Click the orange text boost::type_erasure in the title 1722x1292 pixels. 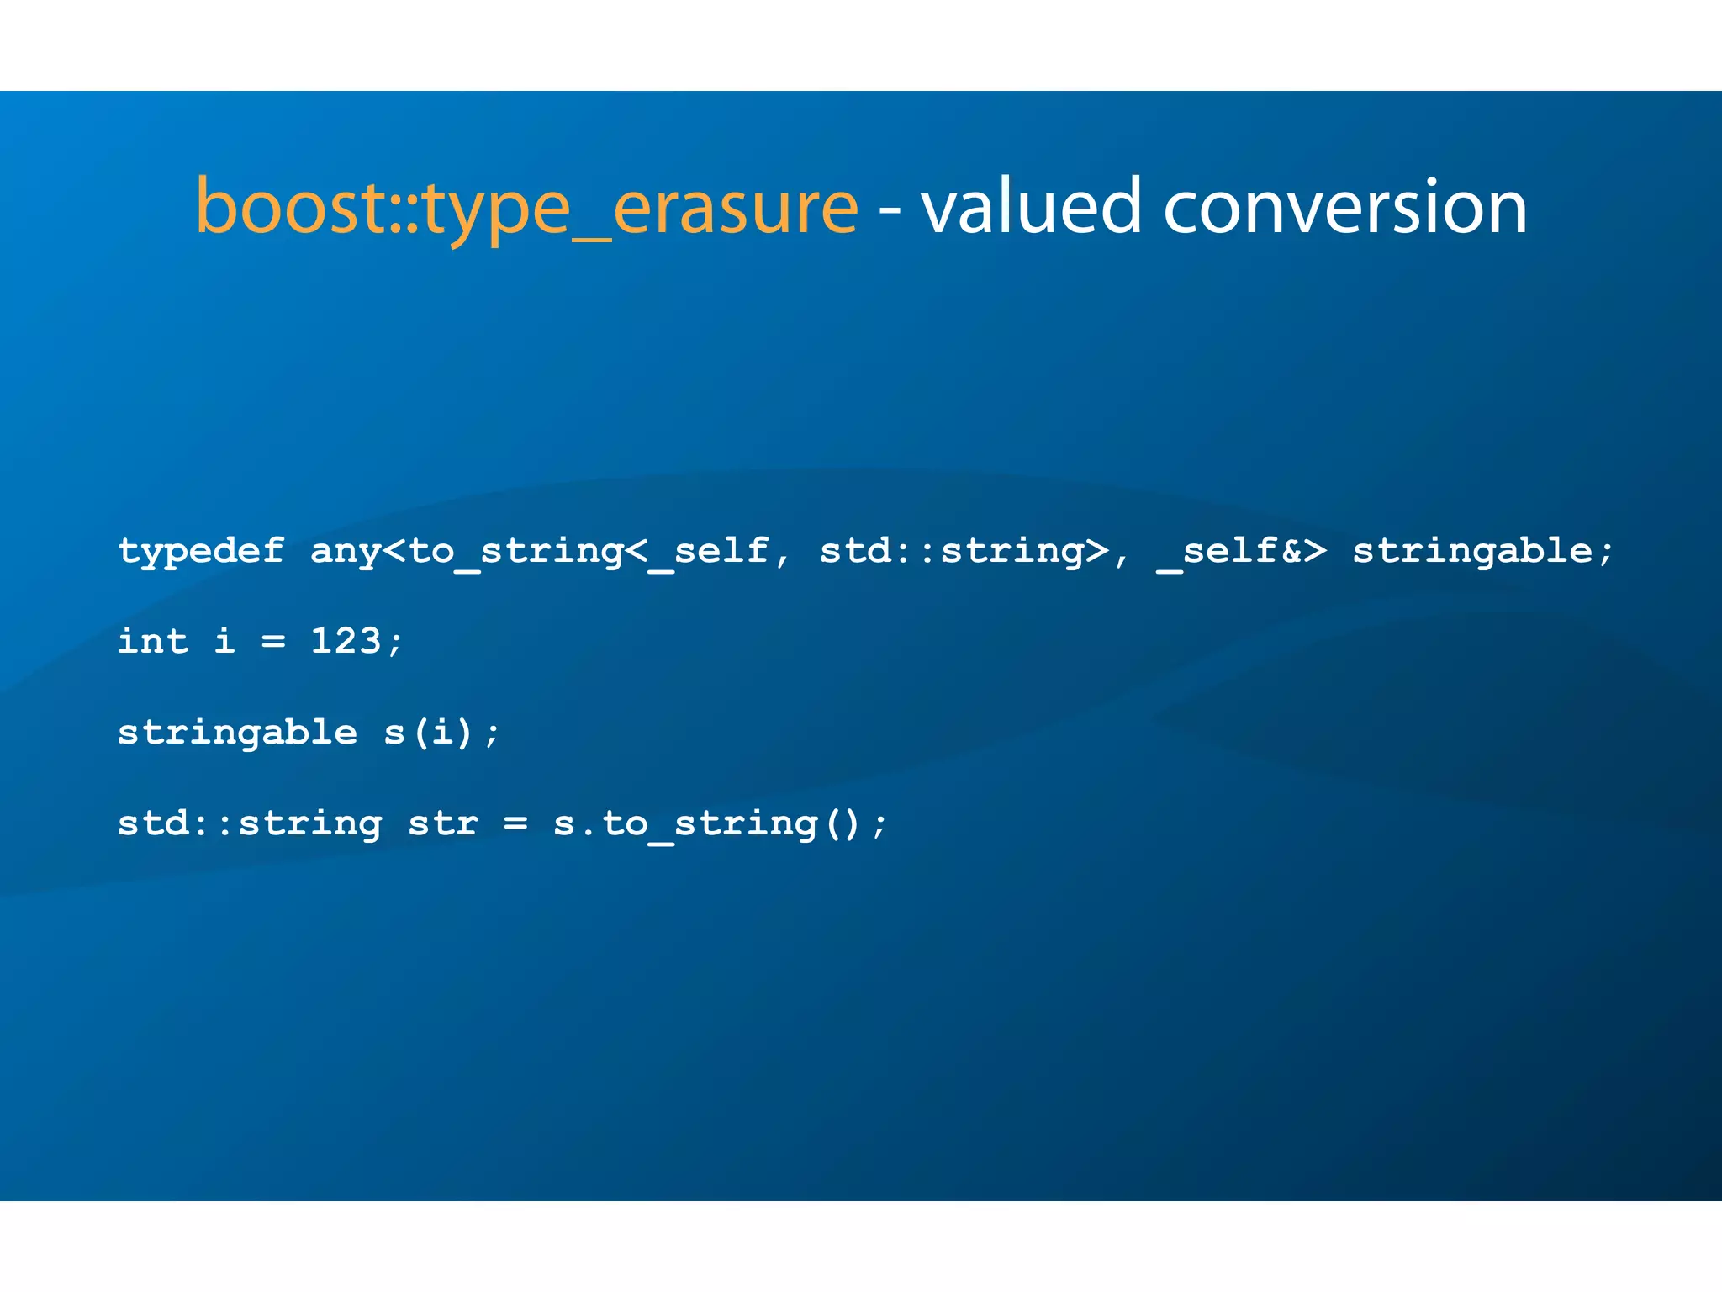[526, 207]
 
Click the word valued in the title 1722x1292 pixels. [1031, 207]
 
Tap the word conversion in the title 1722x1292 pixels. [1344, 207]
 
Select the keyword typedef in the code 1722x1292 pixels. [201, 552]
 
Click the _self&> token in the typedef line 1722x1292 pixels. [1242, 552]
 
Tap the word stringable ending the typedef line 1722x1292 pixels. [1471, 552]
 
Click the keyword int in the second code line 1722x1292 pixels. [152, 642]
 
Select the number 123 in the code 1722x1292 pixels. [346, 642]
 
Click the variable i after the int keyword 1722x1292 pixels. [224, 642]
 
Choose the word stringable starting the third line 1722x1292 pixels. [237, 733]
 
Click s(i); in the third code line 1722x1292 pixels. [441, 733]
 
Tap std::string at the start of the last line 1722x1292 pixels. [250, 823]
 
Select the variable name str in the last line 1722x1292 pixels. [443, 823]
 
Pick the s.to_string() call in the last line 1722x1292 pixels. [706, 823]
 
